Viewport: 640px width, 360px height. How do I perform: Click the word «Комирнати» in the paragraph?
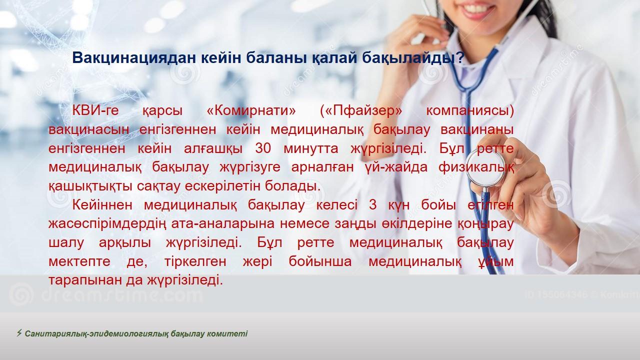pyautogui.click(x=251, y=110)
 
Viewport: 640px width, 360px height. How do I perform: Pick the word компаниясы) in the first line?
pyautogui.click(x=470, y=111)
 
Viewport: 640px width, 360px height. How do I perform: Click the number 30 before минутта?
pyautogui.click(x=263, y=148)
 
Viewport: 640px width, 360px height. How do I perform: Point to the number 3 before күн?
pyautogui.click(x=372, y=205)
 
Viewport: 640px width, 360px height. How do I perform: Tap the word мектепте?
pyautogui.click(x=79, y=261)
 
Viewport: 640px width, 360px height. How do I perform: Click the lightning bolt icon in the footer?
pyautogui.click(x=19, y=333)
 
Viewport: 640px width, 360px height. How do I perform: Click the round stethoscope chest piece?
pyautogui.click(x=485, y=168)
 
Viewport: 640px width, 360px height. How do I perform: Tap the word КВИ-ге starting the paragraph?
pyautogui.click(x=95, y=111)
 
